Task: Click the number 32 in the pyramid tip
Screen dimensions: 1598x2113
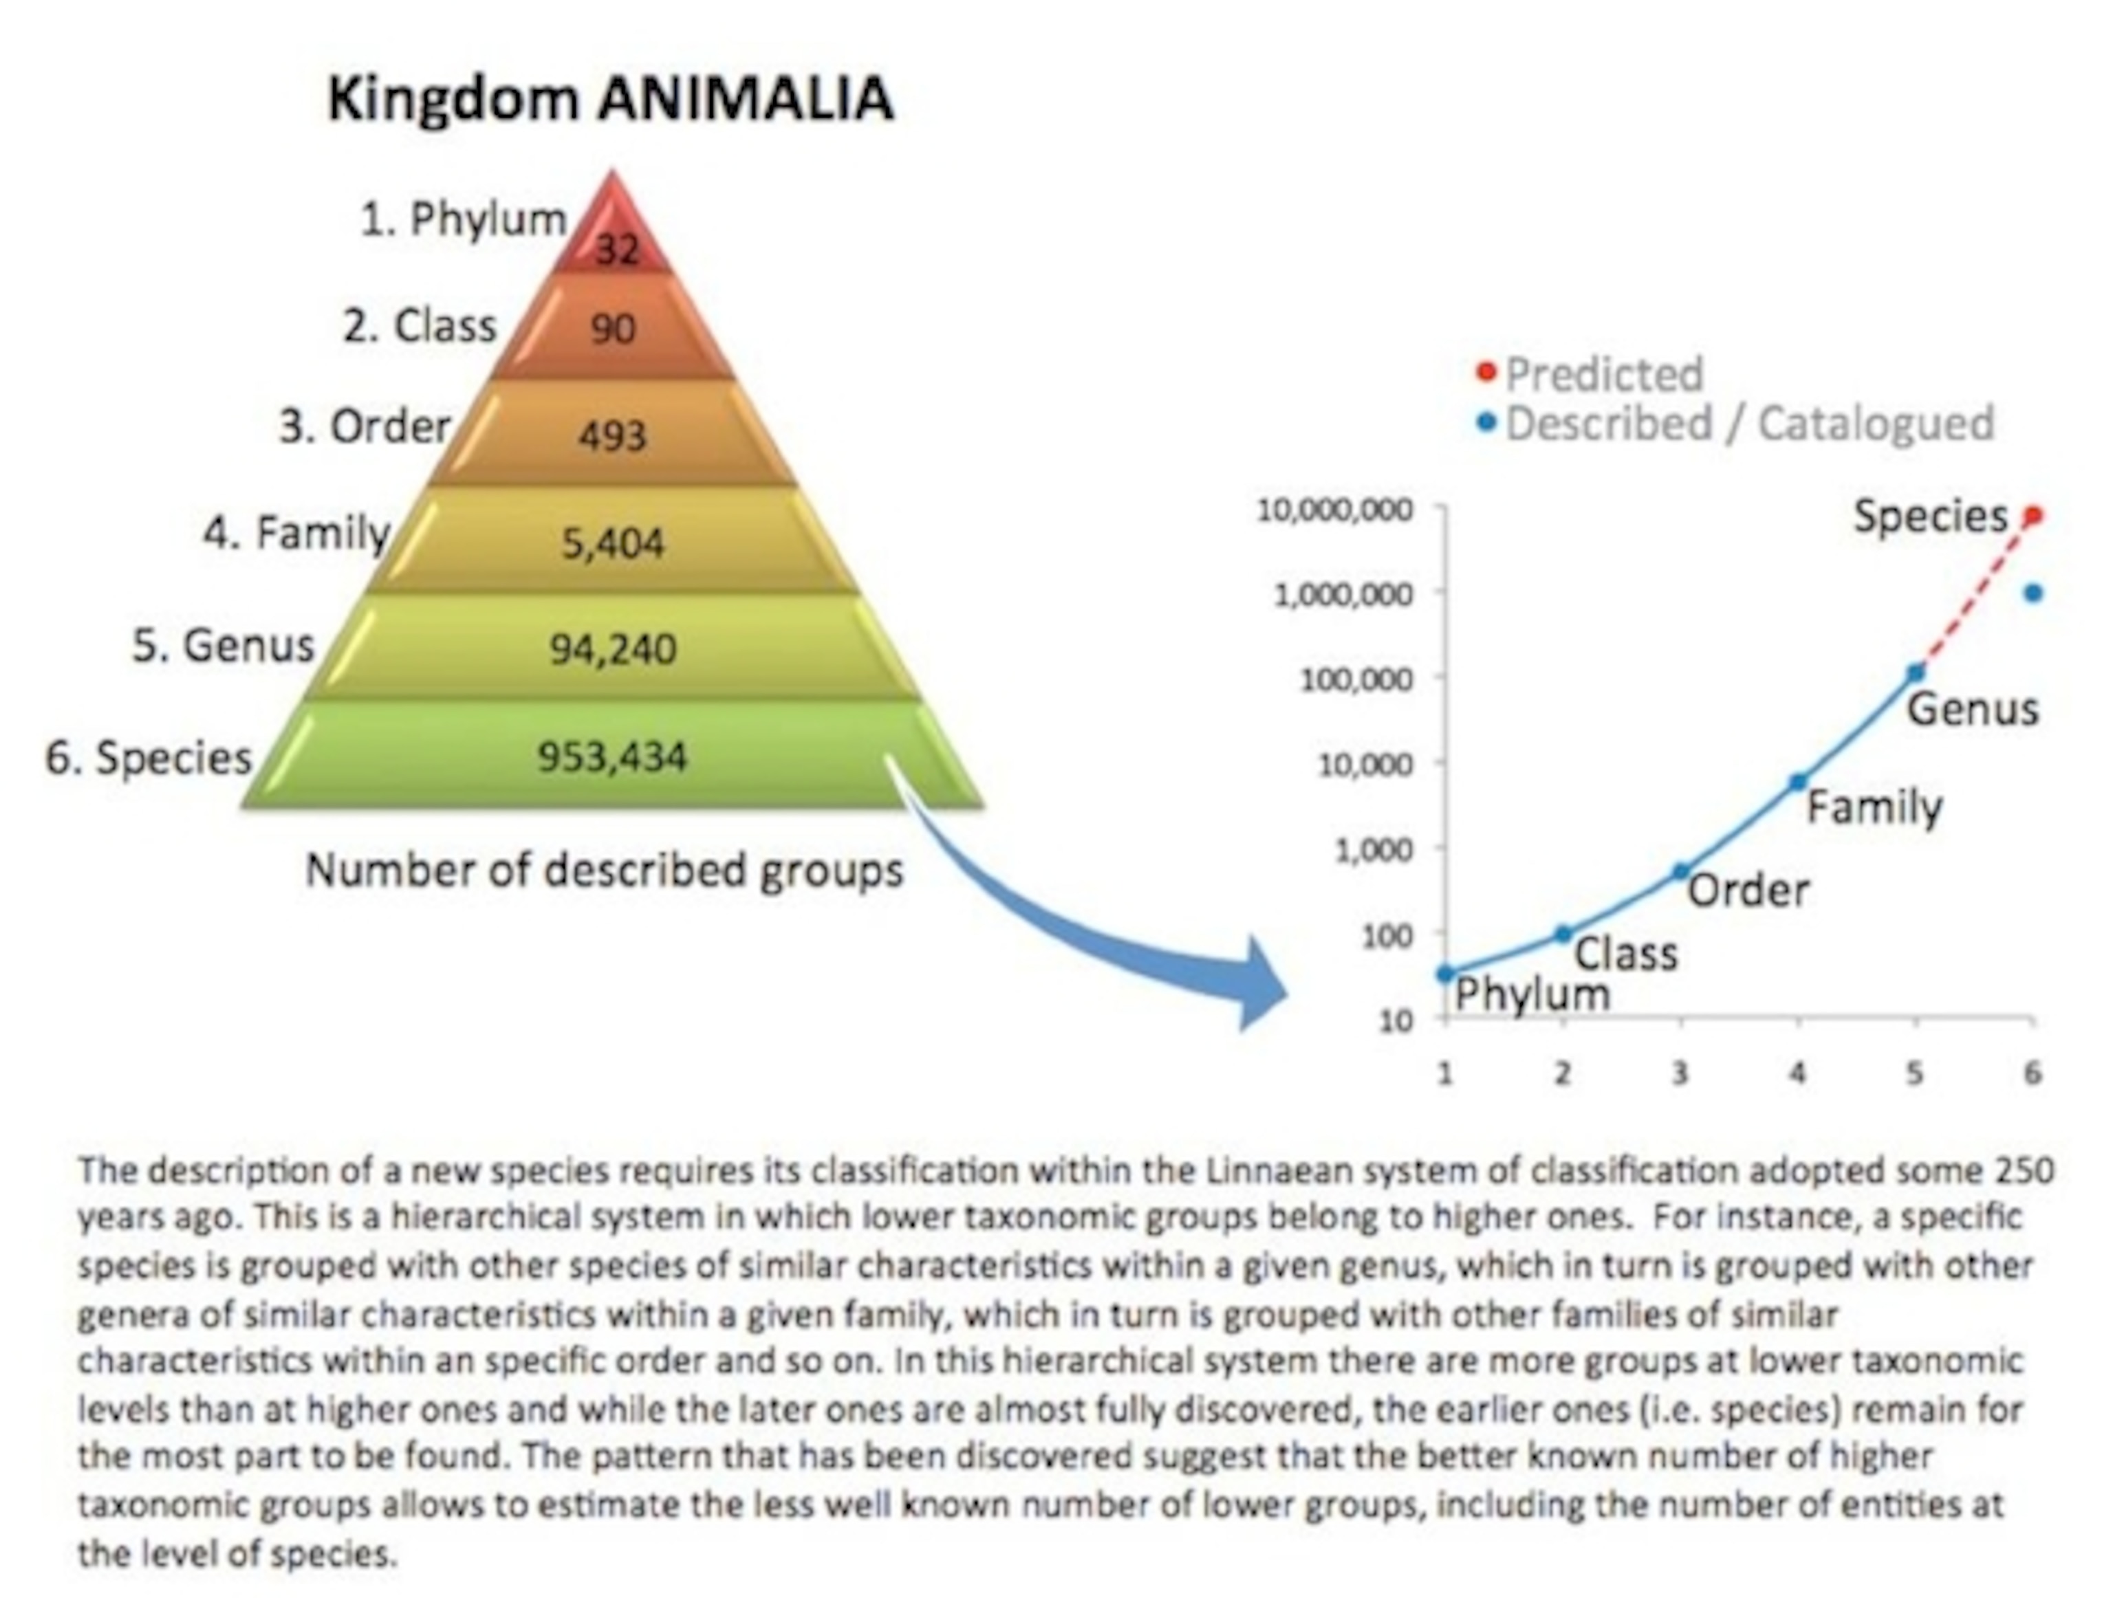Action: tap(617, 250)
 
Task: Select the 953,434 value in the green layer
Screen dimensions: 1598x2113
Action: tap(612, 756)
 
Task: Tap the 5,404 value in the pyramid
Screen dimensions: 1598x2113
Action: tap(612, 543)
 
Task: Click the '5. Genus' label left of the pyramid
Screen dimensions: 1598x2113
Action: tap(224, 645)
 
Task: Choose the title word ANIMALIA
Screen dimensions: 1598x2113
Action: tap(745, 98)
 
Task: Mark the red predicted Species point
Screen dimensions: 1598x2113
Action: tap(2033, 516)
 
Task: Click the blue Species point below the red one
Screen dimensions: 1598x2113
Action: tap(2033, 593)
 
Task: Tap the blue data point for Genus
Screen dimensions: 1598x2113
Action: tap(1916, 673)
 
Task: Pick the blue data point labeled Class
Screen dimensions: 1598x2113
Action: tap(1563, 934)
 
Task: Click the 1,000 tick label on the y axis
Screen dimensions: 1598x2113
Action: tap(1374, 849)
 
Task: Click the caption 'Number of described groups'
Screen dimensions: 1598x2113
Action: tap(604, 870)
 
